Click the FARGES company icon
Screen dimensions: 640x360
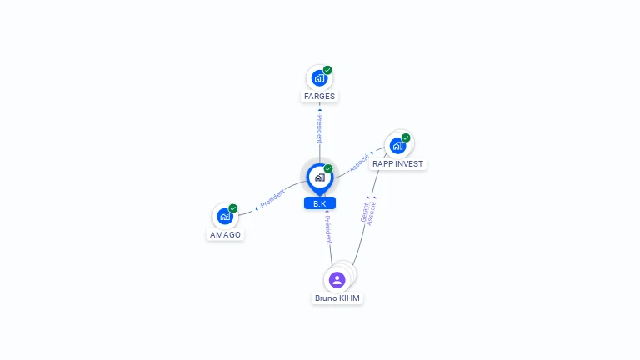click(x=319, y=78)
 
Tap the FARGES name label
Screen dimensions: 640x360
click(x=320, y=97)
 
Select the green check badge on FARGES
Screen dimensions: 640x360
click(x=327, y=70)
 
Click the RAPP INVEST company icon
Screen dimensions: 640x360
click(x=397, y=146)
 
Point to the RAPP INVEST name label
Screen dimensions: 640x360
click(x=398, y=163)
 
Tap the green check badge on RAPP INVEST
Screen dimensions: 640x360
click(x=406, y=137)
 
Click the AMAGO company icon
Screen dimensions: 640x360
click(x=225, y=217)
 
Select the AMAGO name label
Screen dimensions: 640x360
click(x=225, y=235)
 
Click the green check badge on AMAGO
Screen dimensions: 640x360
click(x=233, y=208)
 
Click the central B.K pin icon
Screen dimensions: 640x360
click(x=320, y=178)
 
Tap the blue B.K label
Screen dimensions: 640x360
click(x=320, y=203)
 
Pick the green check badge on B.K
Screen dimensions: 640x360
click(x=328, y=168)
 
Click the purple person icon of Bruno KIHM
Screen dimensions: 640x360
click(x=337, y=280)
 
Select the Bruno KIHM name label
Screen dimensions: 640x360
click(x=337, y=298)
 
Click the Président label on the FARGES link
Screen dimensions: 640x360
click(x=320, y=129)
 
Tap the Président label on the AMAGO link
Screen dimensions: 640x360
click(x=272, y=198)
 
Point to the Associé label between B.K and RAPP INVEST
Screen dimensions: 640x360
click(x=359, y=162)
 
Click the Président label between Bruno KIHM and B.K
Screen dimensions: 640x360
click(x=328, y=229)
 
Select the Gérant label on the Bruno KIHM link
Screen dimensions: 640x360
click(x=364, y=212)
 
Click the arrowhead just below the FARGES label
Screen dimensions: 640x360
click(x=320, y=110)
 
